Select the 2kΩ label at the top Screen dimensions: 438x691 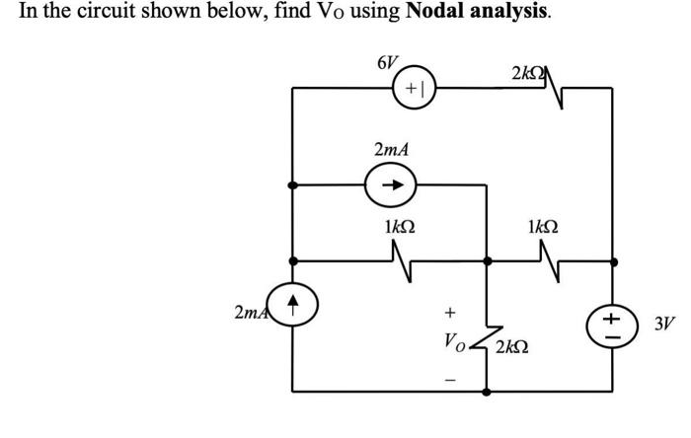[x=530, y=74]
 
